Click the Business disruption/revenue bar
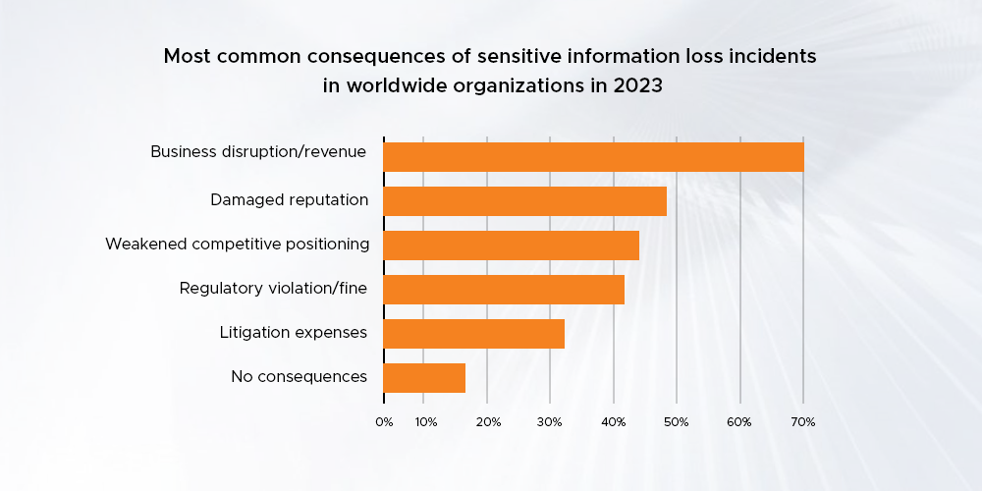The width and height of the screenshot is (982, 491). coord(593,157)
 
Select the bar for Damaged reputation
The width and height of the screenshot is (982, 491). coord(524,201)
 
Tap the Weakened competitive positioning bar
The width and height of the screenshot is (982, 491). coord(511,245)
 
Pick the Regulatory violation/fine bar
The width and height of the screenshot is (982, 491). coord(504,290)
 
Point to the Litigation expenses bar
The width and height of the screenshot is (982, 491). coord(473,334)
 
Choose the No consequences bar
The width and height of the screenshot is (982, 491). coord(424,378)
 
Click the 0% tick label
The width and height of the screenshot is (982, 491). coord(384,422)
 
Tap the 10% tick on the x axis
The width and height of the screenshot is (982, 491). coord(425,422)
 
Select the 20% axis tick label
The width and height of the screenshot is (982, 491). coord(488,422)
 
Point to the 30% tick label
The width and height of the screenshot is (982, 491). coord(551,422)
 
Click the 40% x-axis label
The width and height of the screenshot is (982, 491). coord(614,422)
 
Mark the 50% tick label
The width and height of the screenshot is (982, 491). coord(677,422)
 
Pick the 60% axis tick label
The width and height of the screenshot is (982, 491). coord(739,422)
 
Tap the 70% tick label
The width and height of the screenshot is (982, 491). coord(802,422)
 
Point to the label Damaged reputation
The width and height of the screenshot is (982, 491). coord(289,200)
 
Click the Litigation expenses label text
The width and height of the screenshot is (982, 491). coord(294,333)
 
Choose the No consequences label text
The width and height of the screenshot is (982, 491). coord(299,376)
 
